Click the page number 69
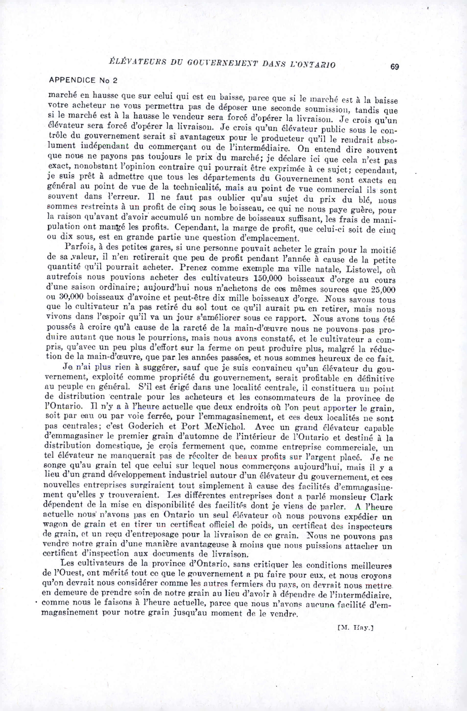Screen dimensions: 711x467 click(x=395, y=67)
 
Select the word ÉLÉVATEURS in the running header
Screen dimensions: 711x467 click(x=130, y=63)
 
